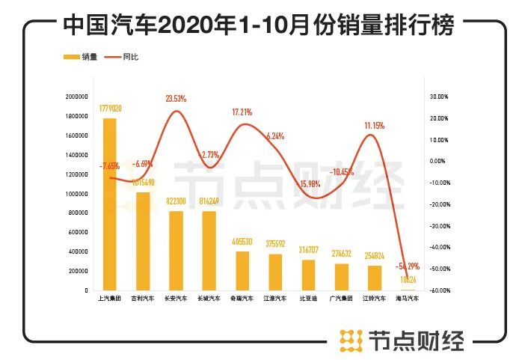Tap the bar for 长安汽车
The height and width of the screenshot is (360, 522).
[x=176, y=251]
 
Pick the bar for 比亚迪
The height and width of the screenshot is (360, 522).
[x=307, y=275]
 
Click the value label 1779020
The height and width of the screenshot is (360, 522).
[x=110, y=109]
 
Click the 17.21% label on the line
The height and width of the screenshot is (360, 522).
[x=242, y=112]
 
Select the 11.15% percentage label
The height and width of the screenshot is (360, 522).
[x=373, y=126]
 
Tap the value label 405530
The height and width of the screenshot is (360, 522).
[x=242, y=242]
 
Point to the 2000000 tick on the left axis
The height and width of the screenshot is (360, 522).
[x=76, y=97]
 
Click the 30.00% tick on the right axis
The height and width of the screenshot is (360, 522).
[x=437, y=97]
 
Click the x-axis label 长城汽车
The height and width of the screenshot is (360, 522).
[x=209, y=299]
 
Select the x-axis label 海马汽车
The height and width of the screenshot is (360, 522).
[x=407, y=299]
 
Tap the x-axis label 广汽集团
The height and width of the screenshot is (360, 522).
[x=340, y=299]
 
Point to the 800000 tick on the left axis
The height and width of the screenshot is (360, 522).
[x=77, y=213]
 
